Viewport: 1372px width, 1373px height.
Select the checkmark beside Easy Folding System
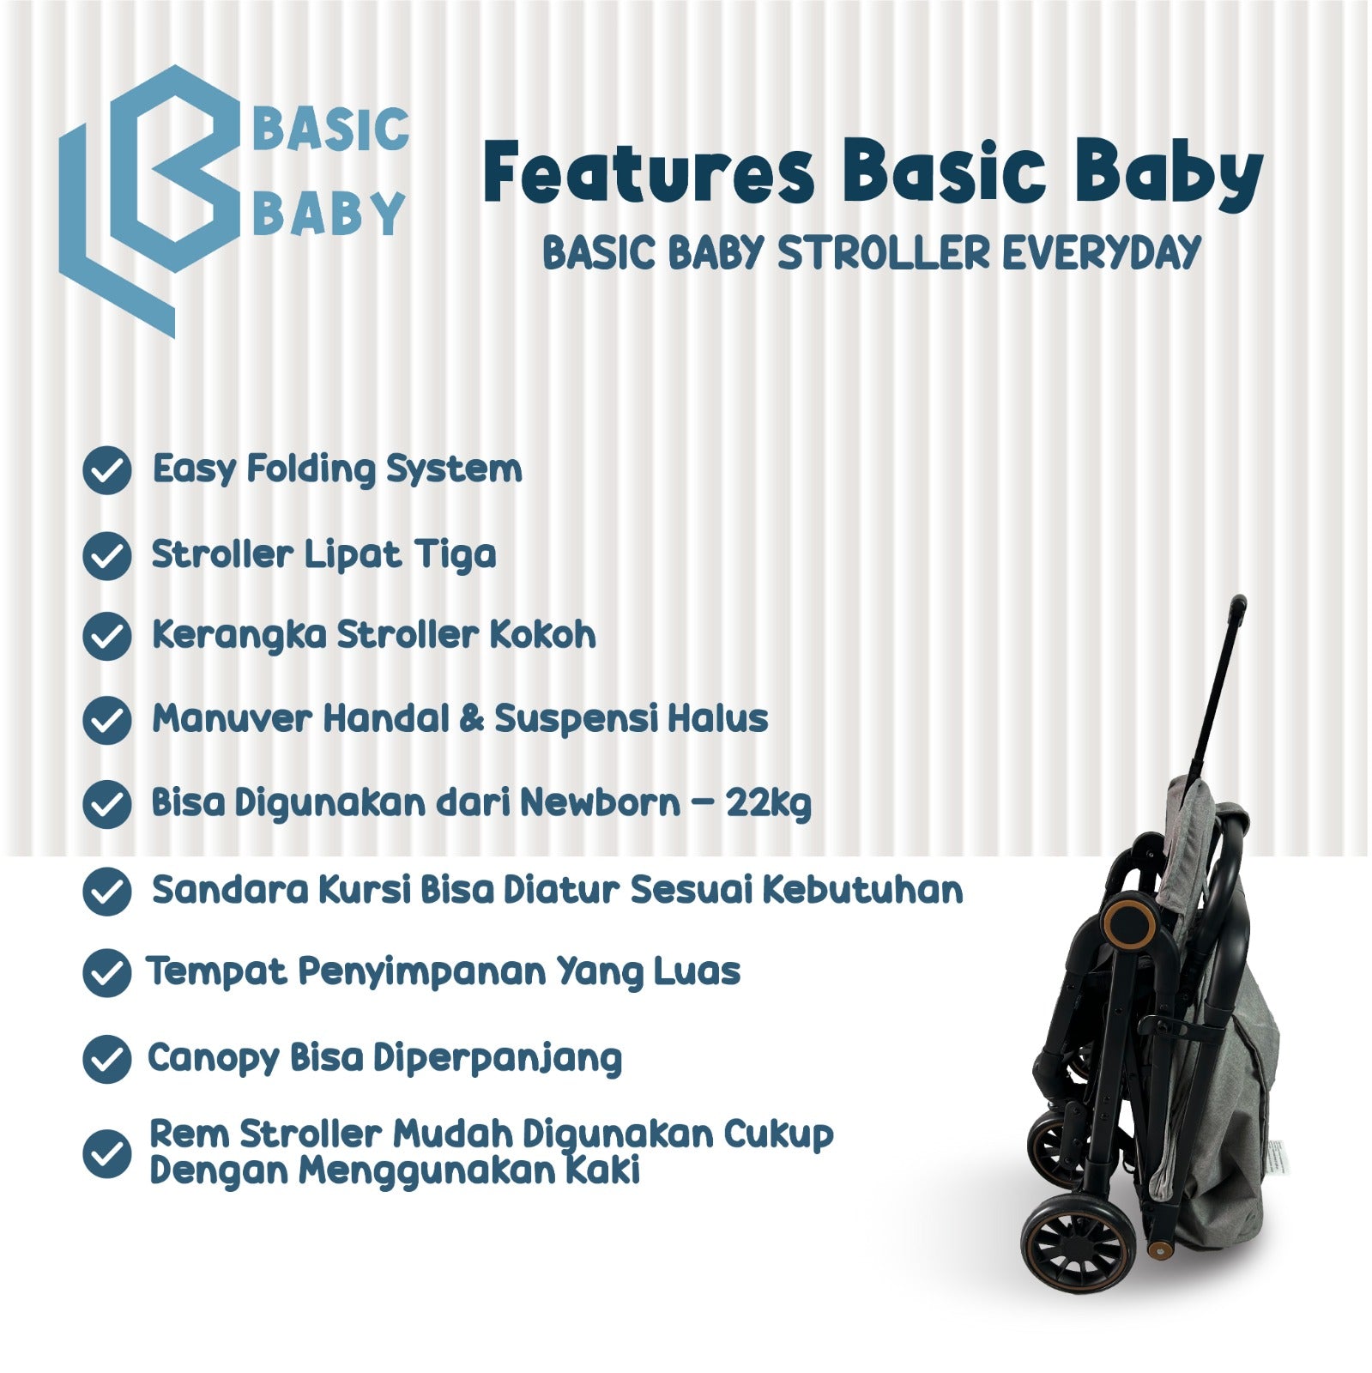(107, 470)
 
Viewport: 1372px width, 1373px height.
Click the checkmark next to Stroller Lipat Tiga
(107, 555)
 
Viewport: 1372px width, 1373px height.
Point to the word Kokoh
(542, 635)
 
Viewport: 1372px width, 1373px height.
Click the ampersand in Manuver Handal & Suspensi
(472, 719)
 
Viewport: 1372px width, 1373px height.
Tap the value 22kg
(768, 804)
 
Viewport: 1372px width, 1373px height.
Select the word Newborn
(600, 803)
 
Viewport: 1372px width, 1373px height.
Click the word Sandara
(229, 890)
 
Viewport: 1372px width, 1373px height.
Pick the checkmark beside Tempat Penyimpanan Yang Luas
(107, 973)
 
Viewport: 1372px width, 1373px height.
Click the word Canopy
(214, 1058)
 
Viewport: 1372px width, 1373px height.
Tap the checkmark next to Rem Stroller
(107, 1153)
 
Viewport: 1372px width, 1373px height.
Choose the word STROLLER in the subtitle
(884, 253)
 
